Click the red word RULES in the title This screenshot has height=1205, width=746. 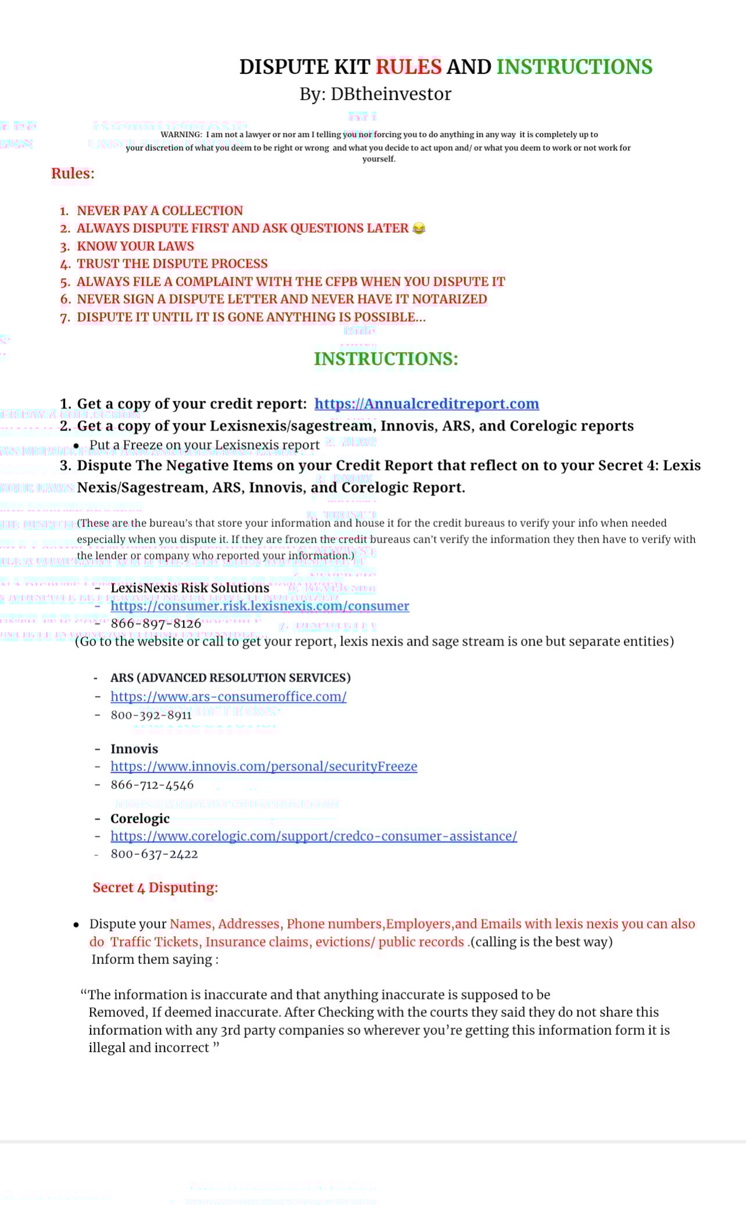click(x=408, y=67)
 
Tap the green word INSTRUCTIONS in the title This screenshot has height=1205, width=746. click(x=574, y=67)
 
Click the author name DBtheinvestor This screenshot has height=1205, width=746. click(x=390, y=94)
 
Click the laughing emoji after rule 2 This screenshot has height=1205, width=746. click(x=418, y=228)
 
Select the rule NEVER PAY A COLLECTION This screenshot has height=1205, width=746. click(x=160, y=211)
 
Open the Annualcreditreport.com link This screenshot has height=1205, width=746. click(x=426, y=404)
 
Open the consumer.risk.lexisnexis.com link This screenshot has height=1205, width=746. click(x=260, y=606)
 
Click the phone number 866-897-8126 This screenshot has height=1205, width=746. click(x=156, y=624)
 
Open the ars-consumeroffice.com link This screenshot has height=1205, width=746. click(x=228, y=697)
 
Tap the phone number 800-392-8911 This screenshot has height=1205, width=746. click(x=151, y=715)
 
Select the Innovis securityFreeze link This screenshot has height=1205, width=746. click(x=264, y=767)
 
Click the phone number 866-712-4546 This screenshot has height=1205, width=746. click(x=152, y=785)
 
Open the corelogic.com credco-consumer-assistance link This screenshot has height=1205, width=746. click(x=314, y=836)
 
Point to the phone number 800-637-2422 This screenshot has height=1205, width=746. click(x=154, y=854)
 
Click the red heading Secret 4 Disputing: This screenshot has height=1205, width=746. click(x=155, y=888)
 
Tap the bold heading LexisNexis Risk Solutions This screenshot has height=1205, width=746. click(x=190, y=588)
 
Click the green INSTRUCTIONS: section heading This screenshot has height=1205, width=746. click(x=386, y=359)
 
